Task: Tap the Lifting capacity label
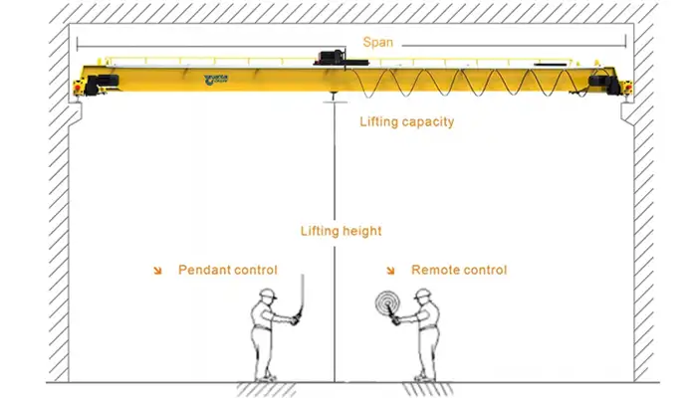[406, 122]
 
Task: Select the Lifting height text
[341, 231]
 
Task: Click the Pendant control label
[227, 270]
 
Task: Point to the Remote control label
[458, 270]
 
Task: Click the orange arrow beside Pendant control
[157, 271]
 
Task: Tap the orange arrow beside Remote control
[390, 271]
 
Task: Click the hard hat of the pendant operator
[266, 295]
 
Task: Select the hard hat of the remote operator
[423, 295]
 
